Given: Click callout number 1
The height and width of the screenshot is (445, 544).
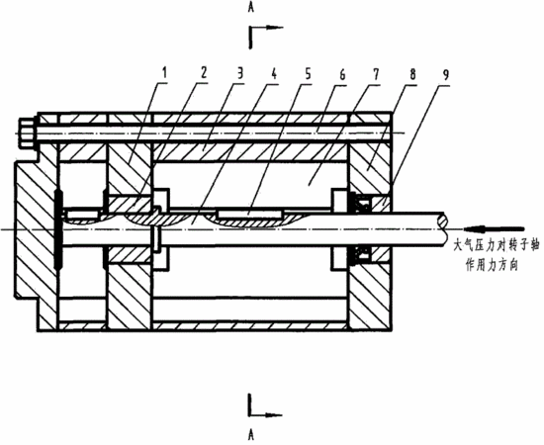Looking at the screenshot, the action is (x=165, y=72).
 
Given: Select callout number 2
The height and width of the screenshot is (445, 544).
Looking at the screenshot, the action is (x=203, y=72).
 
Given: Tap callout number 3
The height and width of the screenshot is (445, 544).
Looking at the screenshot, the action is (x=239, y=72).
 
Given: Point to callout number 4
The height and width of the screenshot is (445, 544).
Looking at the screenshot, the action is (x=274, y=73).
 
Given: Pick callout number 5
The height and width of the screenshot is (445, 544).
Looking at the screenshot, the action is (x=308, y=73).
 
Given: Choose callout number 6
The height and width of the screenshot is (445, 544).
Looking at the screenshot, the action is (x=342, y=74).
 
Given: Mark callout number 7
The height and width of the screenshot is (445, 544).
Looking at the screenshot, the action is (x=376, y=74).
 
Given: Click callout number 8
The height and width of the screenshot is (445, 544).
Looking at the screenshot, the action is (x=411, y=74).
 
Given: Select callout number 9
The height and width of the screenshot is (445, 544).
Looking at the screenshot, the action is (x=446, y=74).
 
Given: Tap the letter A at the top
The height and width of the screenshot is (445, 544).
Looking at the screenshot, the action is (x=251, y=8).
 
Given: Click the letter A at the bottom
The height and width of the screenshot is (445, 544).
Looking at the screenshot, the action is (x=251, y=434).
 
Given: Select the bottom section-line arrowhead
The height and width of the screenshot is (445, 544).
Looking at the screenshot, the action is (x=273, y=414).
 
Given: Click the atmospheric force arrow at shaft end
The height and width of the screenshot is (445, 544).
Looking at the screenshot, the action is (x=494, y=228).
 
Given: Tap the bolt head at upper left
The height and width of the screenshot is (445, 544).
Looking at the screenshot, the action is (x=27, y=133).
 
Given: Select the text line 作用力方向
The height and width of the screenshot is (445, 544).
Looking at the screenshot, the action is (x=492, y=265).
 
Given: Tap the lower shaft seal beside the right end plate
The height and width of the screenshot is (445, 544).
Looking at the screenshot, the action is (x=363, y=254).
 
